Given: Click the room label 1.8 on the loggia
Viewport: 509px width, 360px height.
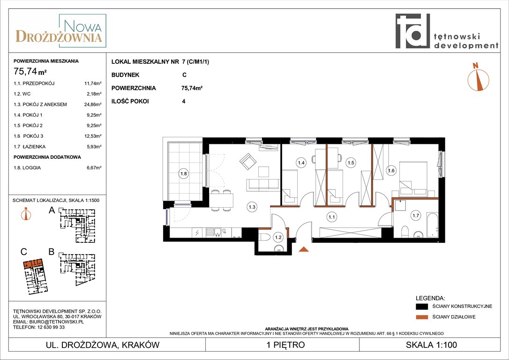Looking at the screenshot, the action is click(184, 173).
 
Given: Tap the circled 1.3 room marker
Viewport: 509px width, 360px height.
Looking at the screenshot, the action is click(252, 207).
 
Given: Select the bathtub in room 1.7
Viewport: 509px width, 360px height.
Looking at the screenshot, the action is click(432, 225).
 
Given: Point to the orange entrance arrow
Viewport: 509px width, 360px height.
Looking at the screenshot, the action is click(304, 249).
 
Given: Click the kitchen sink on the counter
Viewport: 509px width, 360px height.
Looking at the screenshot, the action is click(214, 232).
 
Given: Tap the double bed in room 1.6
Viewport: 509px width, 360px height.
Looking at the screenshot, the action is click(413, 179).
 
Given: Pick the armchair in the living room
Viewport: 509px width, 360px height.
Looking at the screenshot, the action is click(248, 161).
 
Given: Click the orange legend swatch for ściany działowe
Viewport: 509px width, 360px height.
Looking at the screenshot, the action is click(422, 317).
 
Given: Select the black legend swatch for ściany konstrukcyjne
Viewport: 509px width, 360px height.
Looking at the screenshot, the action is click(422, 307).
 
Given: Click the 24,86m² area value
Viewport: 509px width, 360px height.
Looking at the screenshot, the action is click(92, 105).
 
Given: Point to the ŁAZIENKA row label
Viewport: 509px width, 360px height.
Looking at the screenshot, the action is click(34, 147).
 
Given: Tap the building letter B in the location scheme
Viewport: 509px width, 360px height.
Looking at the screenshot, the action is click(51, 252).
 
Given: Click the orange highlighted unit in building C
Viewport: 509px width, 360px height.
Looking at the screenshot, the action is click(32, 262).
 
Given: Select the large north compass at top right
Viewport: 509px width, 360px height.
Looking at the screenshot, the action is click(478, 77).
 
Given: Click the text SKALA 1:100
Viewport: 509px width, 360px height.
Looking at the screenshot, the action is click(431, 345).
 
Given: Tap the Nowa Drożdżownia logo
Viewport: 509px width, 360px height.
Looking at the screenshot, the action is click(61, 31).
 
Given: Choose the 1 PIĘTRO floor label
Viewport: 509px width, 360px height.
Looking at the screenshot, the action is click(285, 345).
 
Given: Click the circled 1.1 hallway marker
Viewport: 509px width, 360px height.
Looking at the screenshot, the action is click(331, 217).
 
